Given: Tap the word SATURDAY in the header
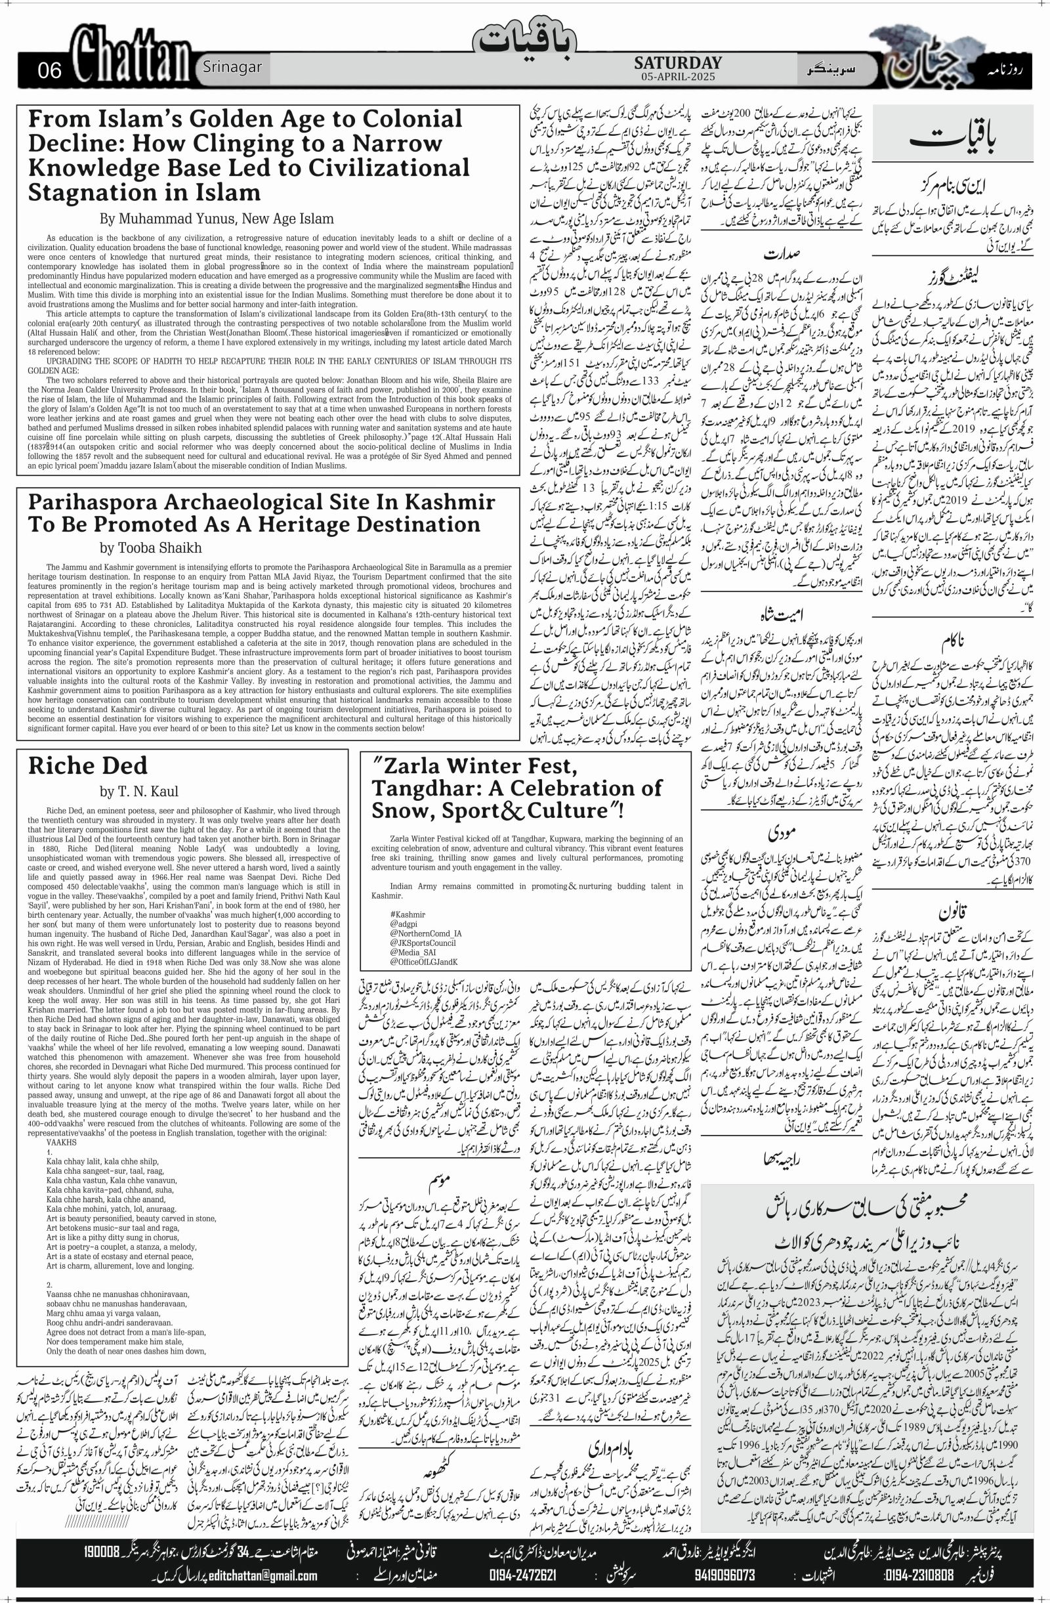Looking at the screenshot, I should (x=677, y=62).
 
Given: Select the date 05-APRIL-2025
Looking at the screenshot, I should (x=677, y=77).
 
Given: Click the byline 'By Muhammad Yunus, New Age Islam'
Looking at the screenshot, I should (x=216, y=219).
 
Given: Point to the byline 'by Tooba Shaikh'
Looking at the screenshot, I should (x=151, y=547).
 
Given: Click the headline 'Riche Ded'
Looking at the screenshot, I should (x=87, y=766).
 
